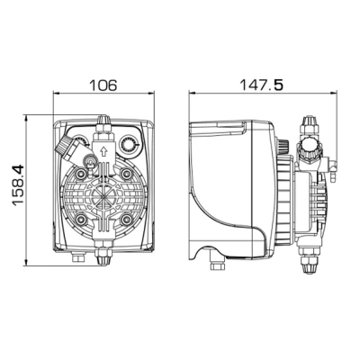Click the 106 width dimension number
coord(104,85)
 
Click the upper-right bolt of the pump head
coord(127,172)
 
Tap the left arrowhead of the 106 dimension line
coord(56,96)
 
